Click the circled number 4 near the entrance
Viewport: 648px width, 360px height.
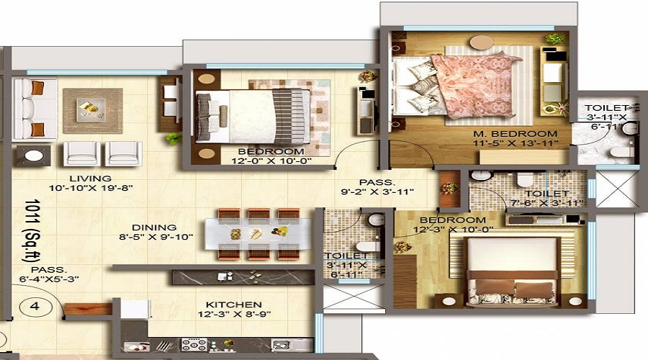(x=35, y=306)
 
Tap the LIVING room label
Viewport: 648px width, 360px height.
(x=90, y=179)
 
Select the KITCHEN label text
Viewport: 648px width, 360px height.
(x=234, y=305)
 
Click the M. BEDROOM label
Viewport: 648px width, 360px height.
(x=516, y=134)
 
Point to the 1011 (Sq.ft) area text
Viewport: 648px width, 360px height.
(x=32, y=230)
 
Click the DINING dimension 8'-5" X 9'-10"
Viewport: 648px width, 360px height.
(x=156, y=238)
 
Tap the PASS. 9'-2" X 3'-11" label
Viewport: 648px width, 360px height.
(x=377, y=186)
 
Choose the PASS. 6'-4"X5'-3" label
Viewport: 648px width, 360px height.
(x=49, y=274)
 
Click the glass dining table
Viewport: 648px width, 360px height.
(x=258, y=234)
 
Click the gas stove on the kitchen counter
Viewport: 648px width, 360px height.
(x=194, y=344)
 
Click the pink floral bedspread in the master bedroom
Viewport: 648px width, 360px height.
(x=474, y=86)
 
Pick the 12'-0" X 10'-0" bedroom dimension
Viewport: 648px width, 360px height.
(x=271, y=161)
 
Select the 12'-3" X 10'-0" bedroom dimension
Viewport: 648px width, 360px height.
(x=454, y=230)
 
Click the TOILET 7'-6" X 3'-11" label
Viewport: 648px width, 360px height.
(x=546, y=198)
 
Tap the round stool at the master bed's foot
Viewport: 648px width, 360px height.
(x=482, y=42)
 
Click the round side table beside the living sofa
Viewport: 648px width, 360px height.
(x=34, y=156)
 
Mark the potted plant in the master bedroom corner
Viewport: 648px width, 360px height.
(x=554, y=39)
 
